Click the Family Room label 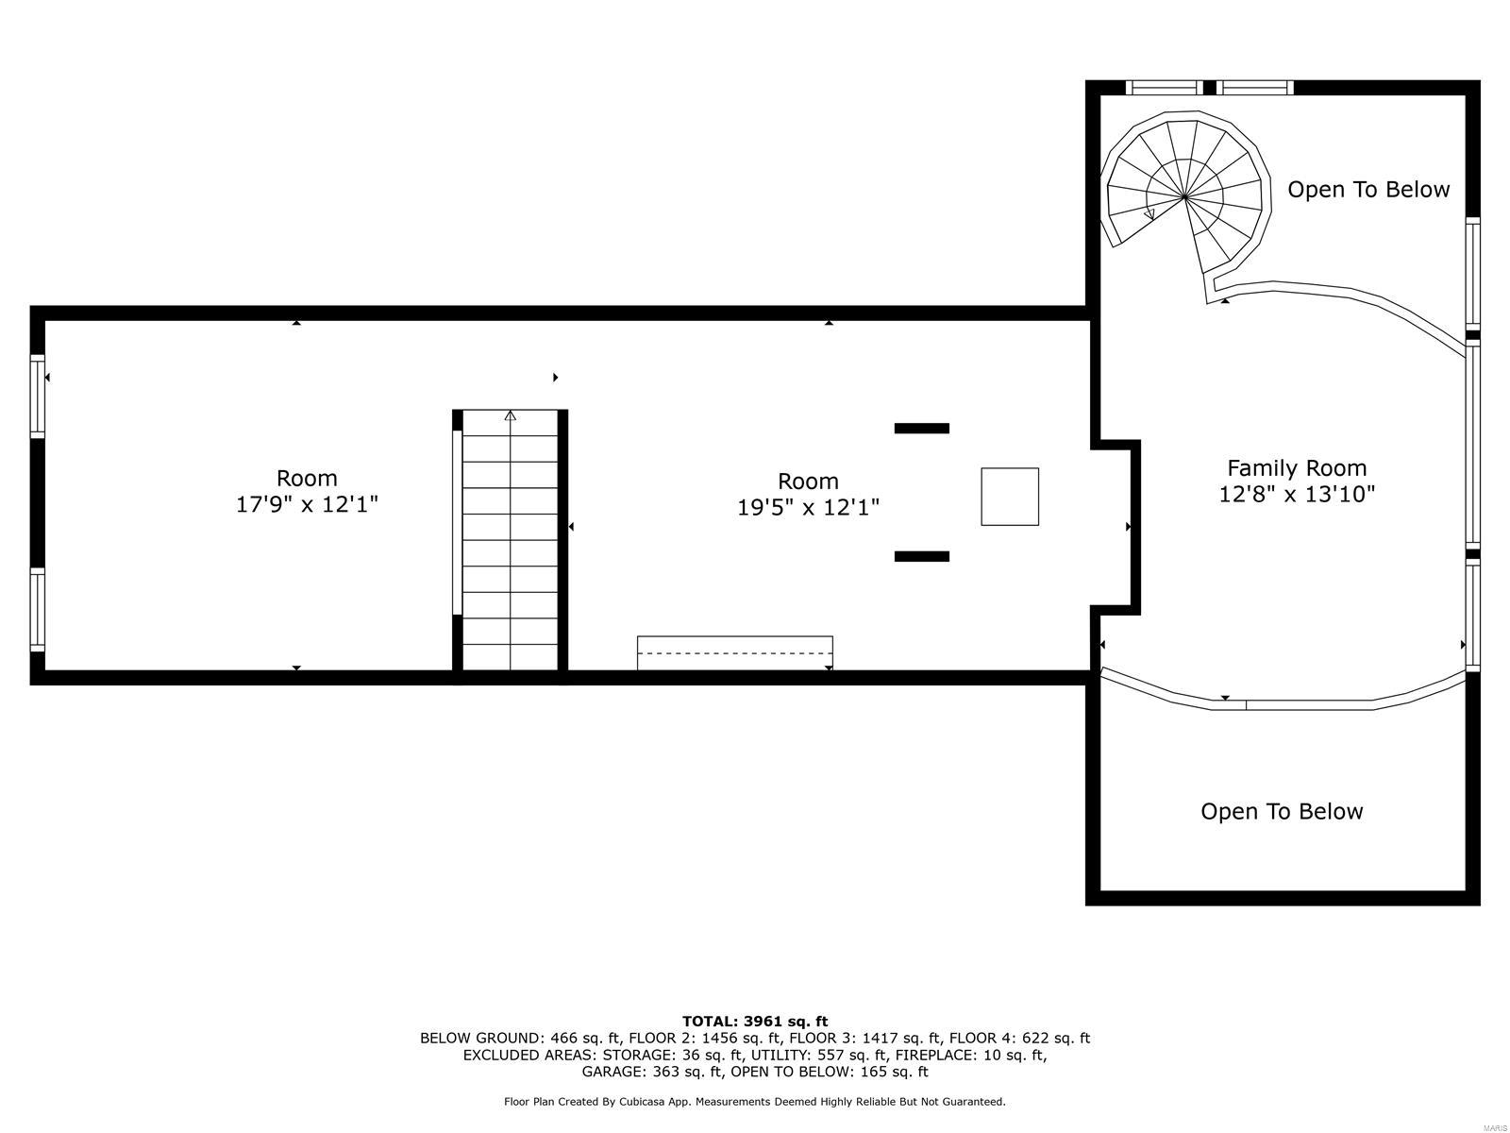pos(1296,467)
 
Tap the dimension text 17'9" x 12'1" pos(307,504)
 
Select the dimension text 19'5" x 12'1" pos(808,508)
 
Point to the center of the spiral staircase pos(1184,196)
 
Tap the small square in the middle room pos(1010,497)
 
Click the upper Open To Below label pos(1367,189)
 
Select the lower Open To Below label pos(1281,811)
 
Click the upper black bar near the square pos(921,429)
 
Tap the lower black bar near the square pos(921,557)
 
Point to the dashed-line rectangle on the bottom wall pos(734,652)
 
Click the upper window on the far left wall pos(38,396)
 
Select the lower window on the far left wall pos(38,609)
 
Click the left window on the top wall pos(1164,88)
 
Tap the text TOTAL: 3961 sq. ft pos(754,1021)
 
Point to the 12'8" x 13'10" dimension pos(1296,494)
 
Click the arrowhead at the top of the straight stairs pos(511,415)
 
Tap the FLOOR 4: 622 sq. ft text pos(1019,1038)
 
